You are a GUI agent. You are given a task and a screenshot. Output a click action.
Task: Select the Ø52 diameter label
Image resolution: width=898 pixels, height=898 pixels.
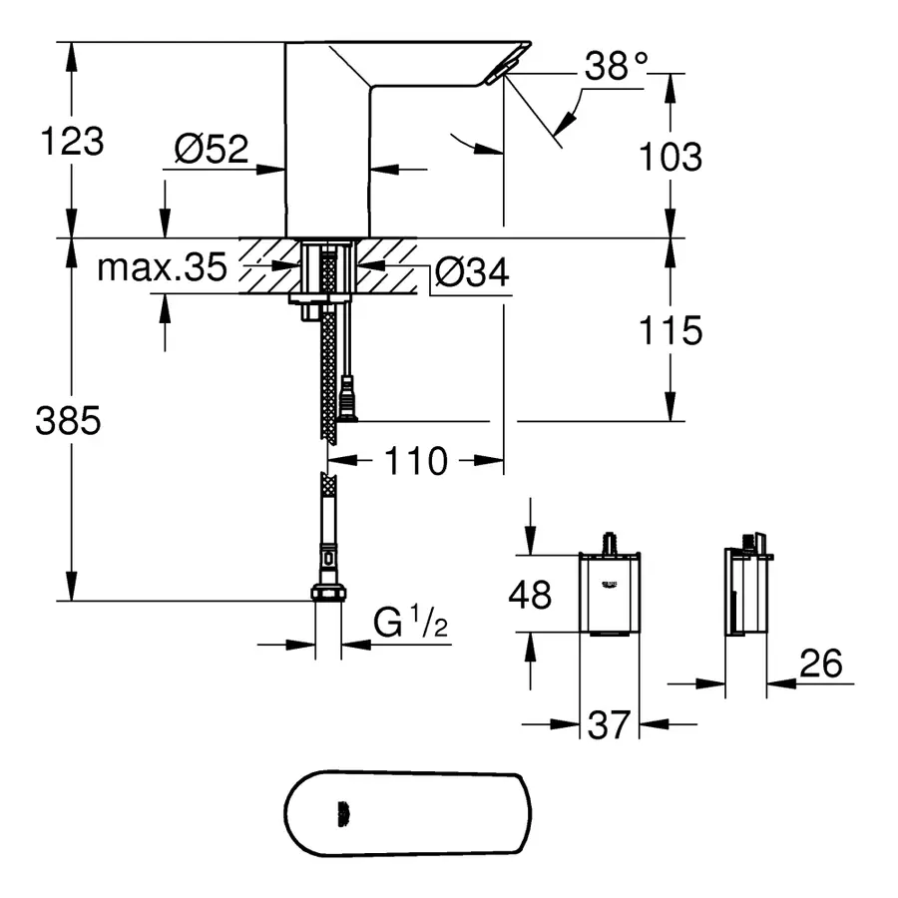(211, 150)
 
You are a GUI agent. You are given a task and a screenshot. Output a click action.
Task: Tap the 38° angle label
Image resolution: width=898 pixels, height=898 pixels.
(616, 68)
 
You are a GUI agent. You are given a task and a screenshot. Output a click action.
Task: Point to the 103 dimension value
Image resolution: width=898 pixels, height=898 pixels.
(670, 157)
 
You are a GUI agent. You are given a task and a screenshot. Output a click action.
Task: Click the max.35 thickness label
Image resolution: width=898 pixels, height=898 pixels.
(162, 268)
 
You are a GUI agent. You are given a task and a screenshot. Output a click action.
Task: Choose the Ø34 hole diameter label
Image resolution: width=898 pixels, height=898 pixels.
(472, 270)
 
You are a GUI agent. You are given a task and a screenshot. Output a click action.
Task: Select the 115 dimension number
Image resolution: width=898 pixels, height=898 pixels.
(670, 330)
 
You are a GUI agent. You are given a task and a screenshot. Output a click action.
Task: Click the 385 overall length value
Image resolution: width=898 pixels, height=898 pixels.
(68, 422)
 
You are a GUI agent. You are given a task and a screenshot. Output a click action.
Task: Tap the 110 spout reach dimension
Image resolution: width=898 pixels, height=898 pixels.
(416, 461)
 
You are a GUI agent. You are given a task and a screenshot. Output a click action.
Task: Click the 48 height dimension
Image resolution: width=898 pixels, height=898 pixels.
(530, 596)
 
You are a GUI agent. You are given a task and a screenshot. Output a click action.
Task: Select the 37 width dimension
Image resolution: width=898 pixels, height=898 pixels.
(609, 725)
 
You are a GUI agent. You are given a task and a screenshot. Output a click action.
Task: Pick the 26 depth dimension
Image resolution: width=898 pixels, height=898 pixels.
(820, 663)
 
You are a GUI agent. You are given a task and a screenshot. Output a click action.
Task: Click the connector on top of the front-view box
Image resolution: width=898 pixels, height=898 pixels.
(609, 544)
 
